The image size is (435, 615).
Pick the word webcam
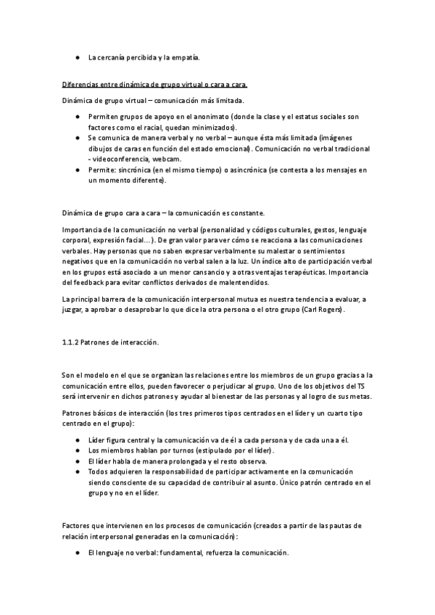[x=168, y=159]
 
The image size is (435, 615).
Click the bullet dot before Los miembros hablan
[x=78, y=450]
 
